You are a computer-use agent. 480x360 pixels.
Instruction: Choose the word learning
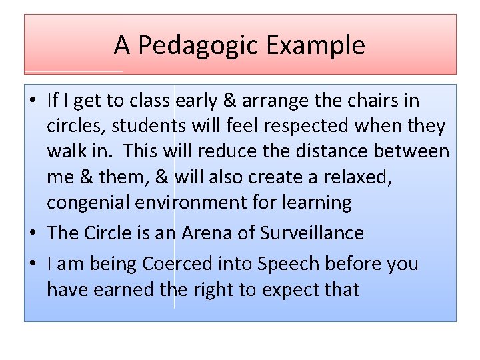(318, 203)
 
